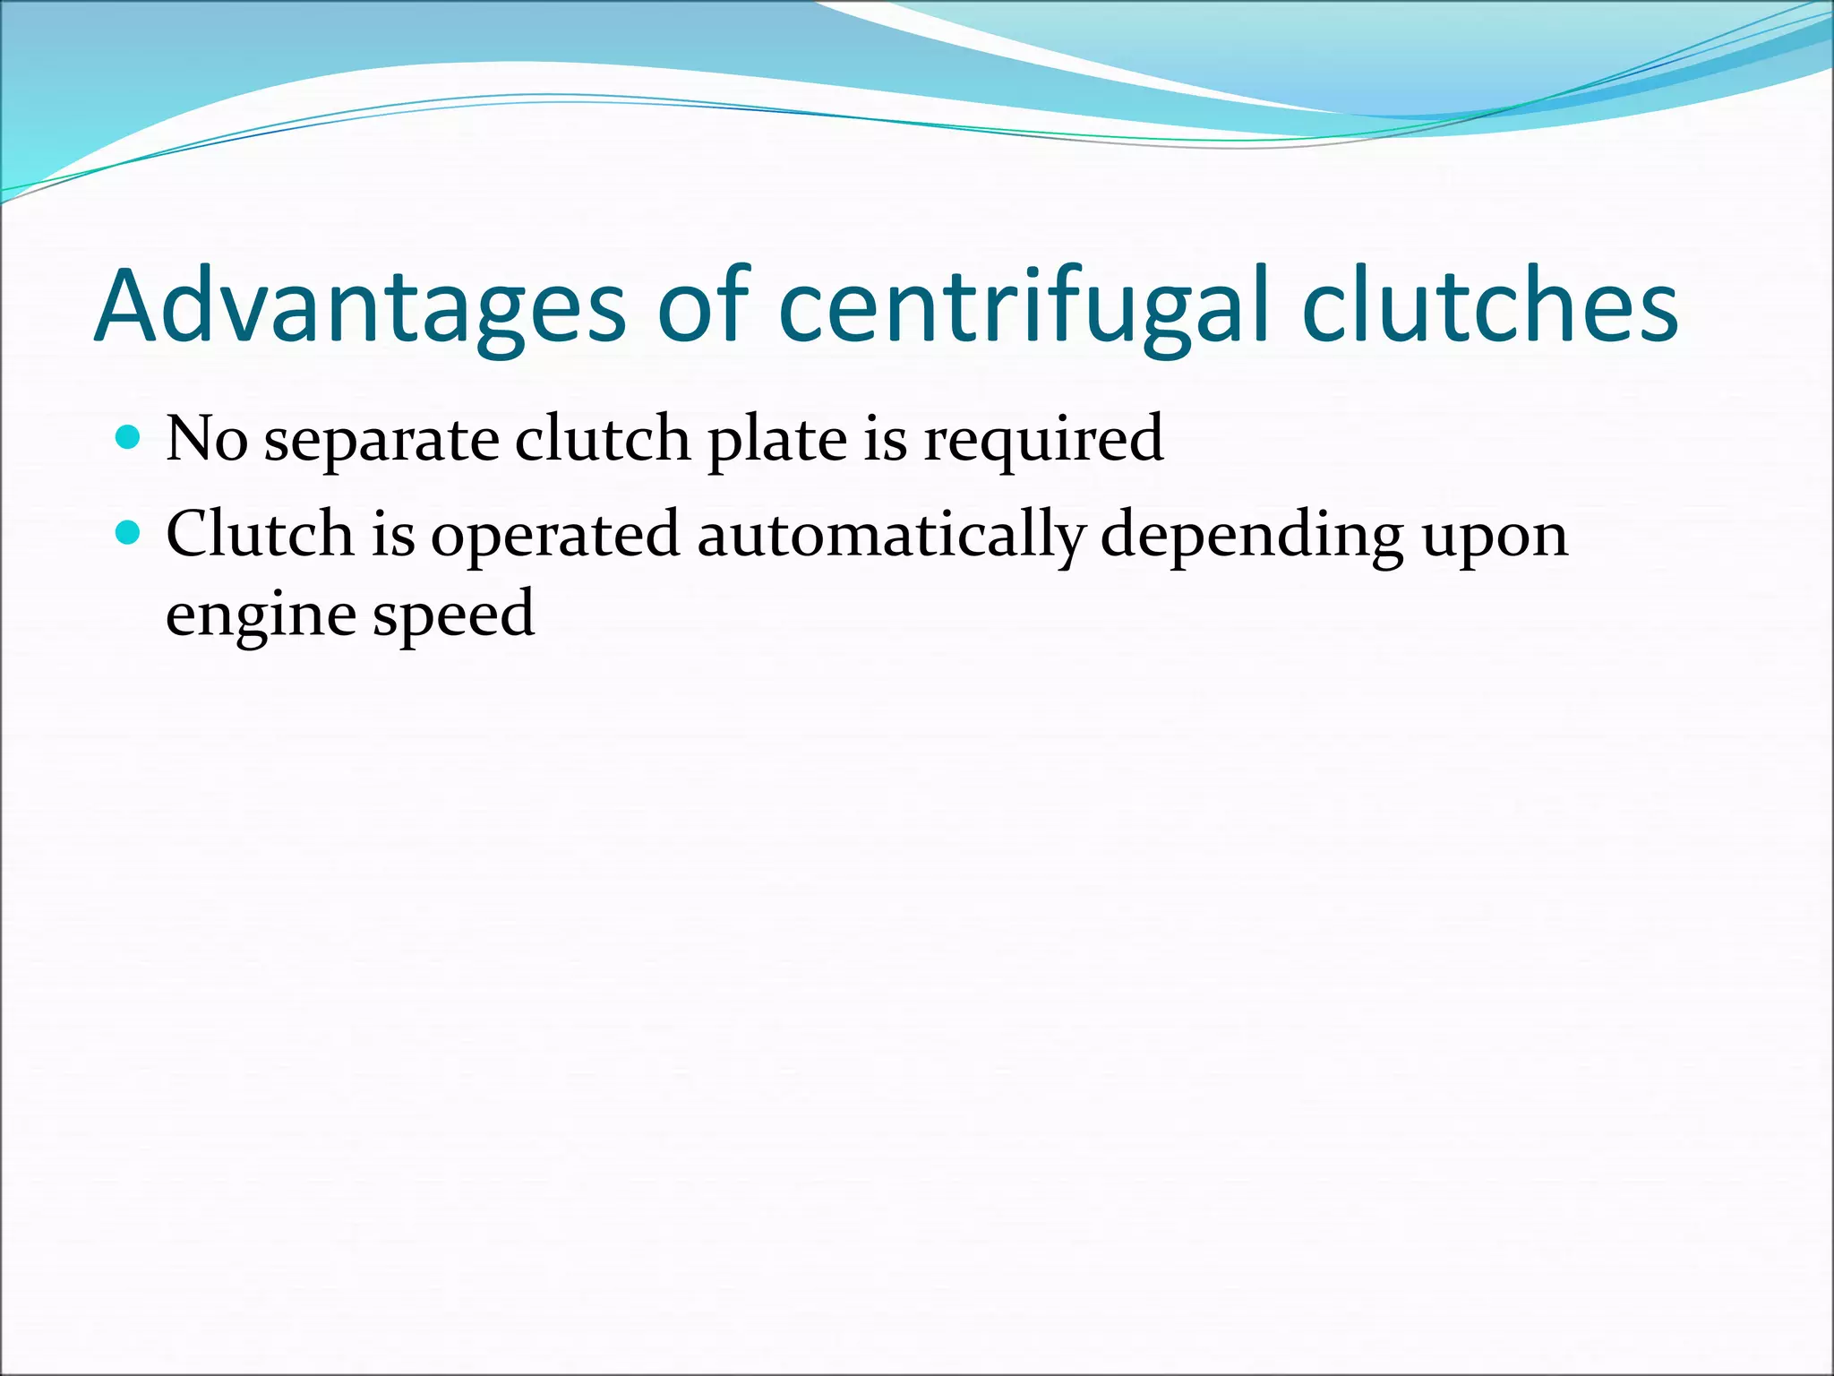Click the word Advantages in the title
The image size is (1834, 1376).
358,307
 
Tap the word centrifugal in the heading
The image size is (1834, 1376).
1024,307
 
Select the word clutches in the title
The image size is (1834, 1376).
1489,307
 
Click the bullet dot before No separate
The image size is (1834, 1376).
129,437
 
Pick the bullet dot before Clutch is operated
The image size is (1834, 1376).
129,533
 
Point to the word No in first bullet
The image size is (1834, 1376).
206,439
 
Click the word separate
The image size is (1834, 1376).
381,441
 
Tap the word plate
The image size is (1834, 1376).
776,441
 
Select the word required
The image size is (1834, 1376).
1043,441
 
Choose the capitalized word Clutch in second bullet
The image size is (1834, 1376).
260,534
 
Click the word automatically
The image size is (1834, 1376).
890,536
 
